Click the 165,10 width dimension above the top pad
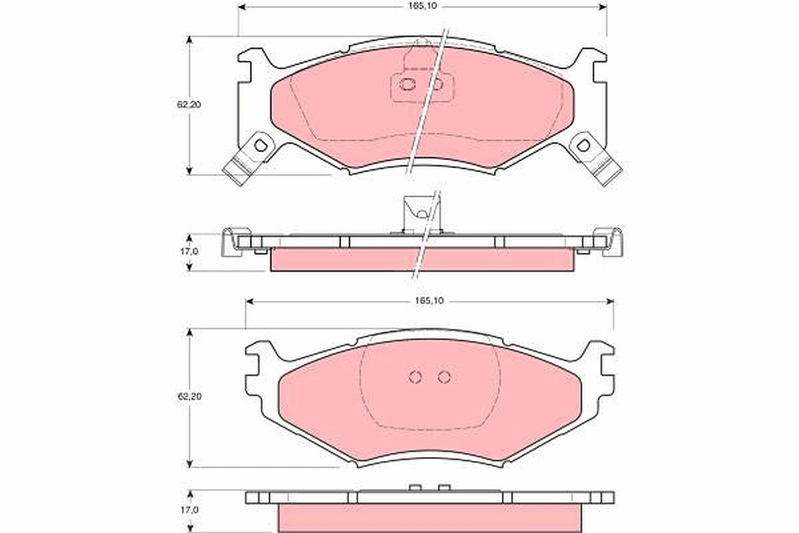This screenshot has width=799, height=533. coord(422,7)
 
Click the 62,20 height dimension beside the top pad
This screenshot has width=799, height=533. coord(189,105)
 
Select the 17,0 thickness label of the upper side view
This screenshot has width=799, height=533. coord(188,251)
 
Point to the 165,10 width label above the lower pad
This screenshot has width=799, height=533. coord(429,301)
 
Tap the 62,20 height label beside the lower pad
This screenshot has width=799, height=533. coord(189,396)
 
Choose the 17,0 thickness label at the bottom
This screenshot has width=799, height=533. coord(189,510)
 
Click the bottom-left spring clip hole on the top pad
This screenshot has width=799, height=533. coord(260,145)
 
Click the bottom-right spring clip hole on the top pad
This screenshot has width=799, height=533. coord(583,145)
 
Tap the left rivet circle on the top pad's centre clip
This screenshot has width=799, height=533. coord(407,84)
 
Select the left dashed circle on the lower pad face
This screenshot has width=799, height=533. coord(415,377)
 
